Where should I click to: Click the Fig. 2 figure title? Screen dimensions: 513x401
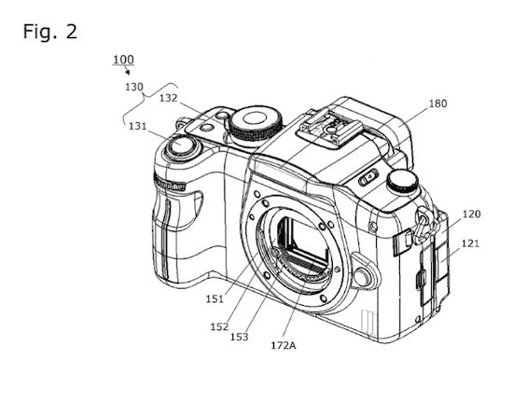(50, 32)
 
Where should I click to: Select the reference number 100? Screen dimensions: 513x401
(123, 60)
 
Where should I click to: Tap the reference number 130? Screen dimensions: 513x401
(134, 87)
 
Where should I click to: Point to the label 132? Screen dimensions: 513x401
(169, 98)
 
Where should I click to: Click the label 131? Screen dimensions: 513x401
(137, 126)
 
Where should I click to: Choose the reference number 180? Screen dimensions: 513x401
(437, 104)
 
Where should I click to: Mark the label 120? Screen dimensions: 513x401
(471, 214)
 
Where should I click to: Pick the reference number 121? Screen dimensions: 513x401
(470, 243)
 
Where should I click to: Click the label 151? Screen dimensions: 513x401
(215, 298)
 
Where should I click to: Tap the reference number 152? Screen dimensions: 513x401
(219, 326)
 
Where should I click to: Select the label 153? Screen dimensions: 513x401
(239, 337)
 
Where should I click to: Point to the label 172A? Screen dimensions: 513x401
(284, 345)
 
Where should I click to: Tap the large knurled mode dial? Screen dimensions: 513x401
(256, 125)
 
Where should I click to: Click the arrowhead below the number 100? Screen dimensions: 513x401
(128, 72)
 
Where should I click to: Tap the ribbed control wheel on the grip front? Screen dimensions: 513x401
(170, 183)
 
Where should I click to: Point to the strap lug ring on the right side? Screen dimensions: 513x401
(424, 226)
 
